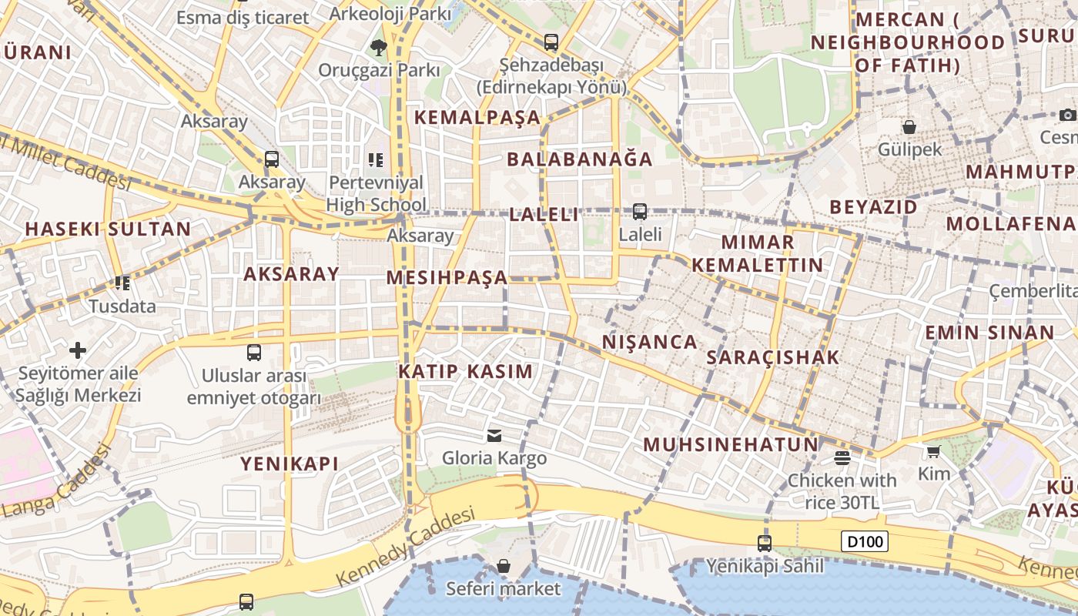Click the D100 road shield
click(864, 541)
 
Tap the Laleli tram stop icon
click(639, 211)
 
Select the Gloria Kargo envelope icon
click(494, 436)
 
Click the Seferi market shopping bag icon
click(504, 567)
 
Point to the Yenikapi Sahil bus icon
click(764, 543)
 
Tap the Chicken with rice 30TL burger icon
click(842, 458)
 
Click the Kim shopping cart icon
click(933, 451)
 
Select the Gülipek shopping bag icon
click(909, 126)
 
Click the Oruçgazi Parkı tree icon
click(378, 48)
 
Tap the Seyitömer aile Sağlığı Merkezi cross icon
click(78, 350)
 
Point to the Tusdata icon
click(122, 283)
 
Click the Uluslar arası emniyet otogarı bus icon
click(254, 353)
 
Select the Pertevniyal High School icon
click(376, 160)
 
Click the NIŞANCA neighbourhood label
click(649, 342)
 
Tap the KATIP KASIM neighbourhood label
click(465, 371)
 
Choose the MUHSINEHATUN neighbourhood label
click(731, 444)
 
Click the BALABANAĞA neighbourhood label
click(579, 159)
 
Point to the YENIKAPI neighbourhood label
click(290, 464)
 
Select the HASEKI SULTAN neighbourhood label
click(108, 229)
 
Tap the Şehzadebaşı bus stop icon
click(551, 42)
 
